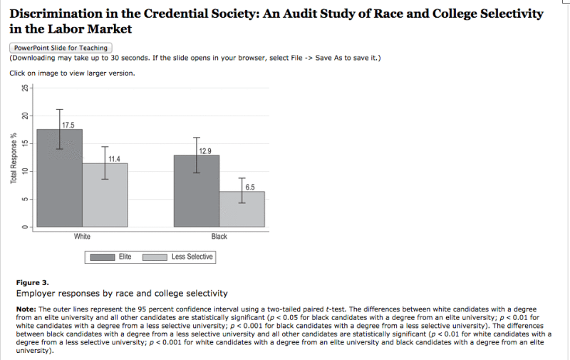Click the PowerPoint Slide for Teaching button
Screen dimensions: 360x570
60,47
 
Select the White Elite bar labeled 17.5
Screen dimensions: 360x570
59,178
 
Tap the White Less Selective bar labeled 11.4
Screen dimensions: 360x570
105,195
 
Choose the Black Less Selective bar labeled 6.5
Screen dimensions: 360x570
242,209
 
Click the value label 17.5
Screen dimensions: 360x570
68,125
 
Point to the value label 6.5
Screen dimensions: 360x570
249,187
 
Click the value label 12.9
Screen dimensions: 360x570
205,150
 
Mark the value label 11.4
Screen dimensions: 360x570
114,158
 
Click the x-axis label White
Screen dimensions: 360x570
82,236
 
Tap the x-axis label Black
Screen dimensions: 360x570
219,236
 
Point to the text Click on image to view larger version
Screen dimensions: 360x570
71,73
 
